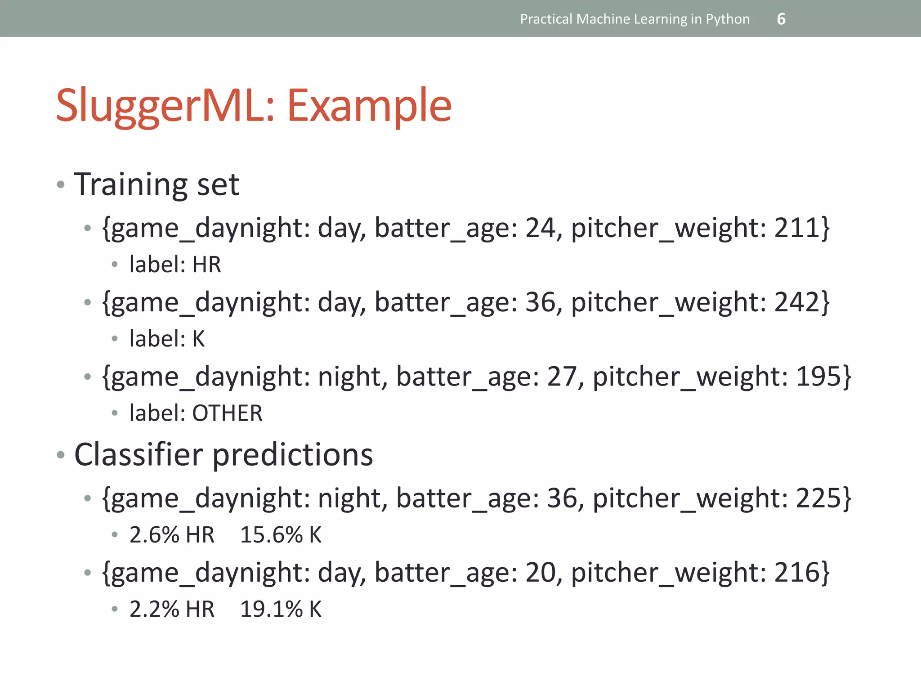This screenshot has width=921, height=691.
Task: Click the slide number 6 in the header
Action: coord(781,19)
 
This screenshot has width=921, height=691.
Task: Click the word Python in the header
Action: coord(728,19)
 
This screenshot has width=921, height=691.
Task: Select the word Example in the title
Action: coord(369,106)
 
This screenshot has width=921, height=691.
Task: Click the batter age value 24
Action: coord(543,228)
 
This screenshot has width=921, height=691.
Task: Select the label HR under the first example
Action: coord(207,265)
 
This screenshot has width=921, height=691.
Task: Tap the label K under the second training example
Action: coord(198,339)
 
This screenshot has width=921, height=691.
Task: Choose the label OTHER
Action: coord(227,413)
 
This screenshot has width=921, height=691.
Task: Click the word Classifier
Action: coord(139,455)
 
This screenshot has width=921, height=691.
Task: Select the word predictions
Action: coord(293,455)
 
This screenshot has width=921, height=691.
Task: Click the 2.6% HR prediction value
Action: coord(172,535)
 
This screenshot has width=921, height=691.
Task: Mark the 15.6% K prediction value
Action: coord(281,535)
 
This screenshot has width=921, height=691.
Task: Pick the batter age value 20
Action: coord(543,572)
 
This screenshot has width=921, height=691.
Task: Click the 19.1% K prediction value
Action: coord(281,609)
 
